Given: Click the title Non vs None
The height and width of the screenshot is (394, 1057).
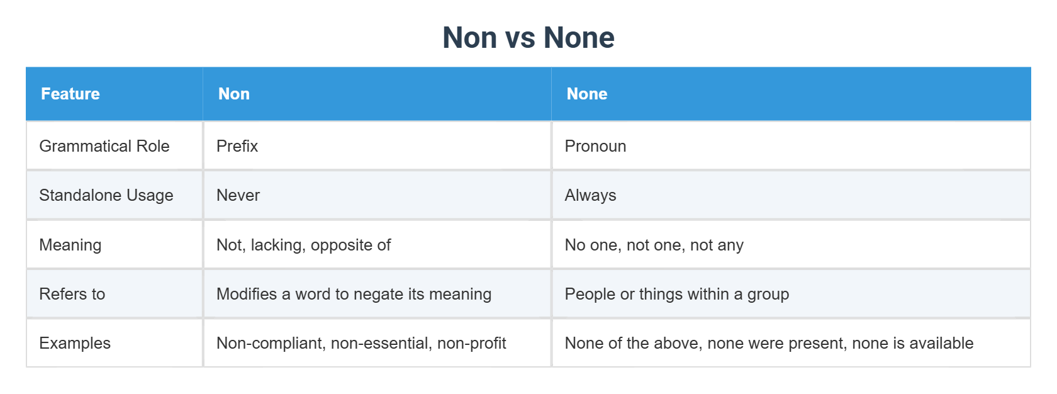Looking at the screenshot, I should (x=528, y=38).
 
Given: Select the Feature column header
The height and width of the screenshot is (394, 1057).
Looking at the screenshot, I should (x=70, y=94).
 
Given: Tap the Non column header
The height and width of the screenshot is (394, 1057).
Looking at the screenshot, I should (x=234, y=94).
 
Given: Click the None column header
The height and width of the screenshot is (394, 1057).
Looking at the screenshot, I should (x=586, y=94).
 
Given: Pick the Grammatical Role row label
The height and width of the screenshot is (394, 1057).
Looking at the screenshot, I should (x=104, y=146).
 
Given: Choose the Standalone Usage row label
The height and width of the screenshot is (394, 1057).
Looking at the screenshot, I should (x=106, y=195).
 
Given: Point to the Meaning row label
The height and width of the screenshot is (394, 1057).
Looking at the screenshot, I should (x=70, y=245).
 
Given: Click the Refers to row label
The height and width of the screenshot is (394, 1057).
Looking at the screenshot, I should (x=72, y=294).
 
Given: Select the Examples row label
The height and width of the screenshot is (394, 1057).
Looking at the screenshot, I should (x=75, y=343).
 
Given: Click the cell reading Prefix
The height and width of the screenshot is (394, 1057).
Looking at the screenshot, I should (x=237, y=146).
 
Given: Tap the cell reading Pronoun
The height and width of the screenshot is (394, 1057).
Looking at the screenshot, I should (x=595, y=146).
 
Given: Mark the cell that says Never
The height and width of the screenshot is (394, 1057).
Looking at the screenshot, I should (x=238, y=195).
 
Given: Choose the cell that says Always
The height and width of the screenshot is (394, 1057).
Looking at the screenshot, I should (x=590, y=195).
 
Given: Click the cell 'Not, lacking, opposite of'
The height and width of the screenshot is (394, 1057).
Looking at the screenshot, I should (x=303, y=245).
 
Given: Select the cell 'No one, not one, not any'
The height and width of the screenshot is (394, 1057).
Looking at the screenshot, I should (x=654, y=245).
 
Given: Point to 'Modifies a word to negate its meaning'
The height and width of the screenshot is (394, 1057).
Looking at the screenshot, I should (x=354, y=294).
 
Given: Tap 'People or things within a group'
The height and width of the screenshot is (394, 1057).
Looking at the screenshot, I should (x=676, y=294).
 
